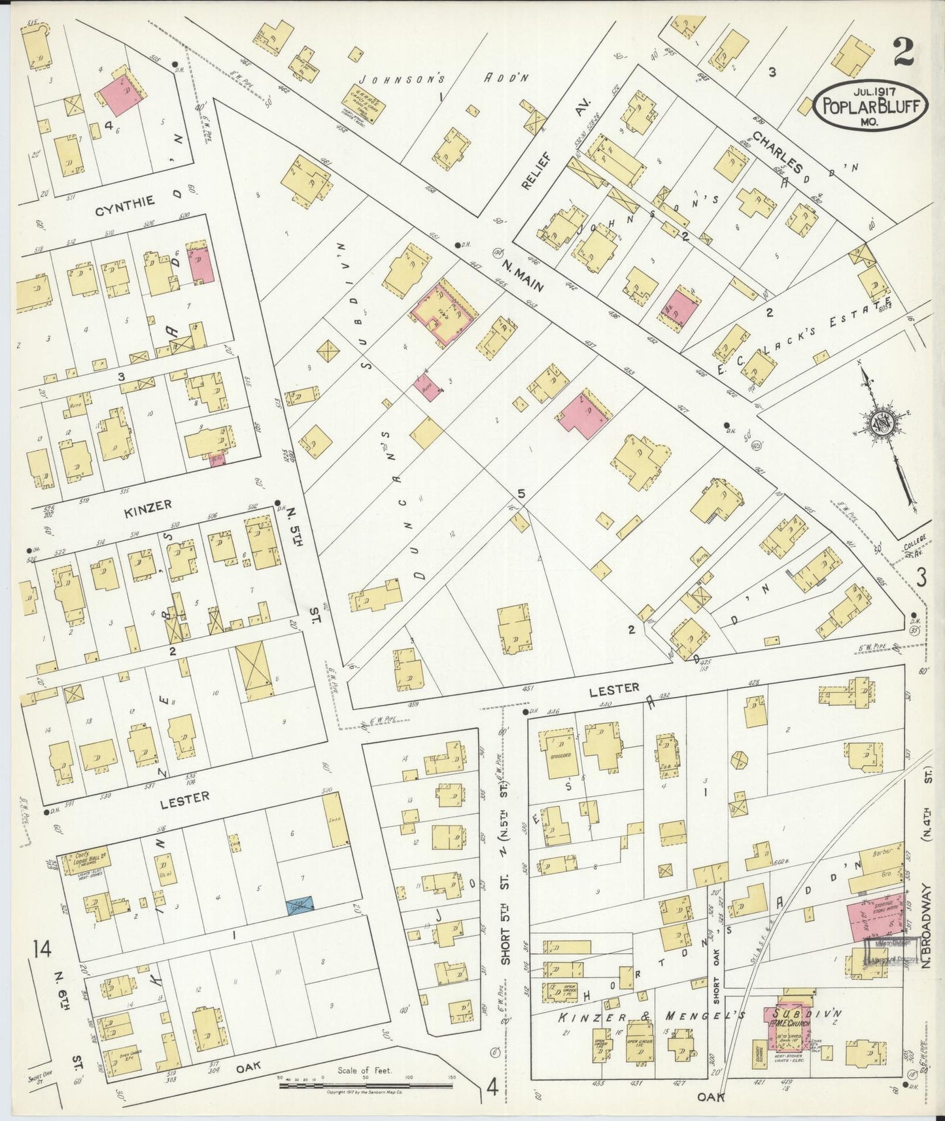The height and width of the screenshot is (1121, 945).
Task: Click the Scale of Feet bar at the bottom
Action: (x=366, y=1085)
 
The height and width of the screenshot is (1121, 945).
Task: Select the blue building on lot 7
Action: (x=300, y=906)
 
